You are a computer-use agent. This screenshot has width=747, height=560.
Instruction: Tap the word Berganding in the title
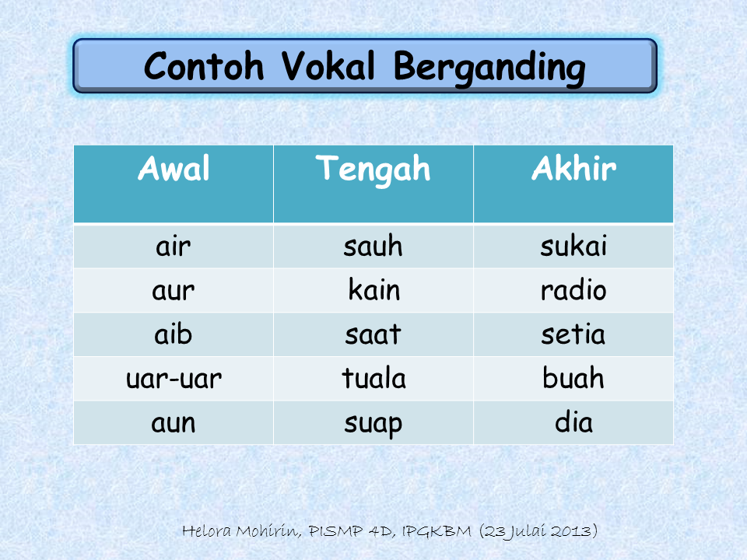[489, 68]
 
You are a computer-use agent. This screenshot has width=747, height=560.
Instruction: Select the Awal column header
[174, 169]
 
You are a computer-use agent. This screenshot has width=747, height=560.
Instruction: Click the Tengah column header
[373, 169]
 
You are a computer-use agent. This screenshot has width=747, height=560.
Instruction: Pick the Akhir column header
[573, 169]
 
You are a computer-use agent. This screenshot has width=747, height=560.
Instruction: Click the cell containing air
[174, 247]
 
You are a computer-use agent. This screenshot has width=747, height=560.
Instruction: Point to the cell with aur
[174, 291]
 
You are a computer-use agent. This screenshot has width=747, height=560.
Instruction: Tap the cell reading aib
[174, 335]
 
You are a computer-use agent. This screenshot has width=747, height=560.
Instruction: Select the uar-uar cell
[174, 380]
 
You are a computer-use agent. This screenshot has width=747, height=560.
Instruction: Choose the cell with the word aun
[174, 423]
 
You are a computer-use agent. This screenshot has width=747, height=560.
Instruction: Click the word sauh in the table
[373, 247]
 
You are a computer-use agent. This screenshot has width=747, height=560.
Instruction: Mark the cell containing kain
[373, 291]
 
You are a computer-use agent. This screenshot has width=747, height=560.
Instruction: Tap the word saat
[373, 335]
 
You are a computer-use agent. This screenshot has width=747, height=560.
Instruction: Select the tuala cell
[373, 380]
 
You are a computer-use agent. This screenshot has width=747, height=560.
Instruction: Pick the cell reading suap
[373, 424]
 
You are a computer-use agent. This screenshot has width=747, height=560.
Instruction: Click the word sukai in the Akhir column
[573, 247]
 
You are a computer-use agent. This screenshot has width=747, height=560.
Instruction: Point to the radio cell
[573, 291]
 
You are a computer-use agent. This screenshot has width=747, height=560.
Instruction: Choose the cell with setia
[573, 335]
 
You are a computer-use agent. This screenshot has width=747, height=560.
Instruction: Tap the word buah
[573, 380]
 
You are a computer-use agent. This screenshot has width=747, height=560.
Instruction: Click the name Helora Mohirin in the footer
[242, 532]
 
